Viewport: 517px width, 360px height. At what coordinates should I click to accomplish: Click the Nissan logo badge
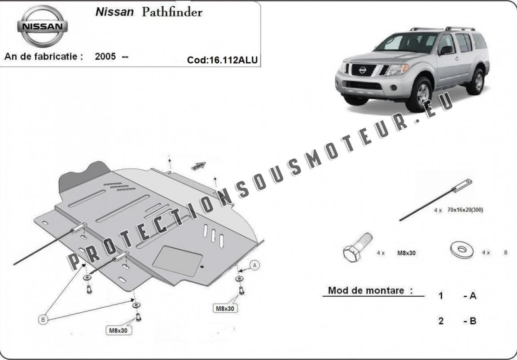[x=43, y=26]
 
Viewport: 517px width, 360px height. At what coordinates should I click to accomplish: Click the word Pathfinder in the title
[x=172, y=12]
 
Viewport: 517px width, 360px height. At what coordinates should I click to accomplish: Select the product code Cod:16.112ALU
[x=223, y=60]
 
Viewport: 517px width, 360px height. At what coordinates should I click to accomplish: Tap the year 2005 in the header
[x=105, y=57]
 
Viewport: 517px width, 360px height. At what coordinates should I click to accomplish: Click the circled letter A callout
[x=255, y=266]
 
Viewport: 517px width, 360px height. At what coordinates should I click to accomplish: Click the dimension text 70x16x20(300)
[x=465, y=210]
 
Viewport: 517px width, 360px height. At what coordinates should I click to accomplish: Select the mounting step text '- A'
[x=469, y=296]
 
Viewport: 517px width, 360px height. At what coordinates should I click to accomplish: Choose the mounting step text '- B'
[x=469, y=321]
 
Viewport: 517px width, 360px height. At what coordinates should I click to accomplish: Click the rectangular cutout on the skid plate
[x=177, y=261]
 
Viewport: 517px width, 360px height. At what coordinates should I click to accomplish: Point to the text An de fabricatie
[x=44, y=57]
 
